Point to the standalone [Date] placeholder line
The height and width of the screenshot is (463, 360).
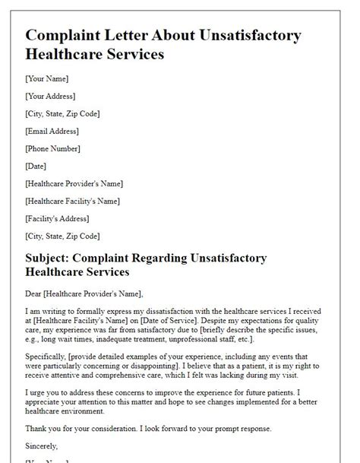[36, 166]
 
